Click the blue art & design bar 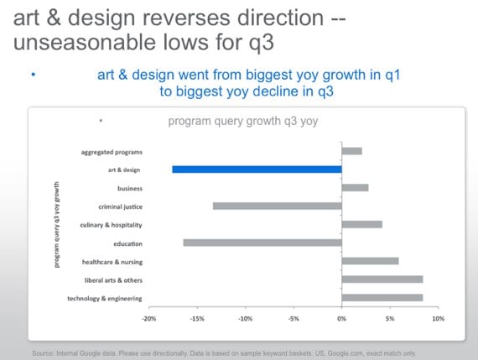[x=257, y=170]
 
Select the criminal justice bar [x=278, y=206]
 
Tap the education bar [x=262, y=243]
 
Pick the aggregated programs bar [x=352, y=151]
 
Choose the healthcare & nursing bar [x=370, y=261]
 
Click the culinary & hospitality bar [x=361, y=224]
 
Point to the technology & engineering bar [x=382, y=297]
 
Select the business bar [x=356, y=188]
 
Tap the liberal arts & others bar [x=382, y=279]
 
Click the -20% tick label [x=148, y=319]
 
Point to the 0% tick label [x=342, y=319]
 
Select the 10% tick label [x=438, y=319]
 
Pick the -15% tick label [x=197, y=319]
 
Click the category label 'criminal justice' [x=121, y=206]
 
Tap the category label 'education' [x=127, y=243]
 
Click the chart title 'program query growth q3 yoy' [x=243, y=121]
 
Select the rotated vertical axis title [x=57, y=225]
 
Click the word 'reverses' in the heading [x=186, y=18]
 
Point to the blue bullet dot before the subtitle [x=34, y=75]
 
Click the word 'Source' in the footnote [x=43, y=353]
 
